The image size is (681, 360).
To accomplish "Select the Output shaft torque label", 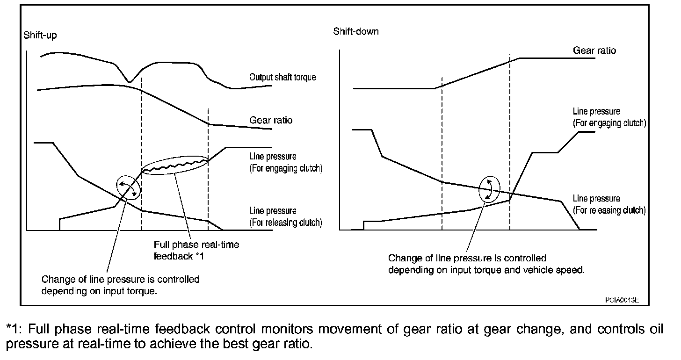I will pos(283,77).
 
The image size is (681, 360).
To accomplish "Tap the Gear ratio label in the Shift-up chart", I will pos(271,120).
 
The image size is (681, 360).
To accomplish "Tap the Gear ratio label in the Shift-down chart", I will pos(594,50).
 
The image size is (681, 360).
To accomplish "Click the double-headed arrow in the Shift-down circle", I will pos(489,189).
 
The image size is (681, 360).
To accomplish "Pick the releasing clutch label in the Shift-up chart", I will pos(286,217).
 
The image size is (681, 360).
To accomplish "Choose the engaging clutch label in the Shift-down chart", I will pos(609,117).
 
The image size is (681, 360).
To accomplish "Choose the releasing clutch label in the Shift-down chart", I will pos(609,205).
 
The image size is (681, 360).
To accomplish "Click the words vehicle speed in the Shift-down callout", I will pos(556,270).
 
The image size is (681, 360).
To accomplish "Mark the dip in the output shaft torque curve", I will pos(130,81).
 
